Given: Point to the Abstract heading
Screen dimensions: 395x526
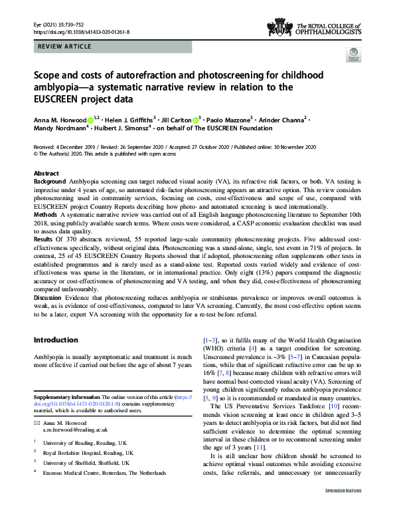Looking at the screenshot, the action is (x=46, y=173).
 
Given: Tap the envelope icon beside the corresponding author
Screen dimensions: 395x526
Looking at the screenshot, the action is (x=37, y=423).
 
